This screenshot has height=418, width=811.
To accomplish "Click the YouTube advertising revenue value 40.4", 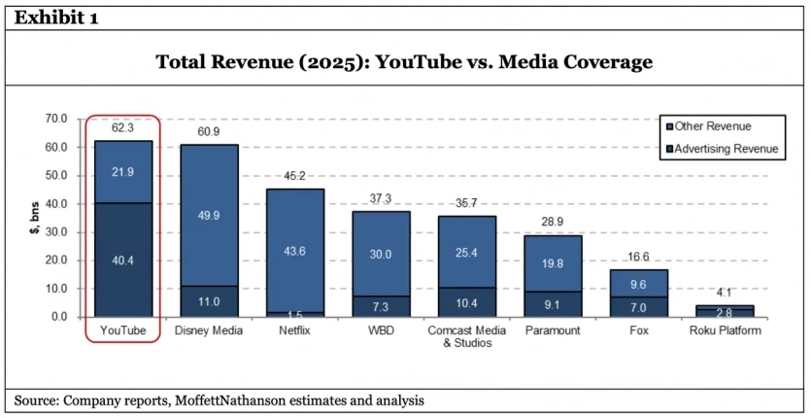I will [123, 260].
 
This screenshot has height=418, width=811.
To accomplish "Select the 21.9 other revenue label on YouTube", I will [123, 171].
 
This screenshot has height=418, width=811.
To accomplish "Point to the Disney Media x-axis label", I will [209, 331].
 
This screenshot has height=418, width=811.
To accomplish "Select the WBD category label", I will [381, 331].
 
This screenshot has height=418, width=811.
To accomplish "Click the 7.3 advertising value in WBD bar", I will [381, 306].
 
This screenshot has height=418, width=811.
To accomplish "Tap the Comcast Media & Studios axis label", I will [467, 337].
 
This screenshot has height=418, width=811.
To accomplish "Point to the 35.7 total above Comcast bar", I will [467, 203].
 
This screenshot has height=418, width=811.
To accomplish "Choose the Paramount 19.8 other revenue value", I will [553, 262].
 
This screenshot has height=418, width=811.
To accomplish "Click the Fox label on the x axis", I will [639, 331].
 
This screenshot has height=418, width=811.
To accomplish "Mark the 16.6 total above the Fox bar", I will [639, 257].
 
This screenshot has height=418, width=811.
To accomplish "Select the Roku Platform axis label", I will [725, 331].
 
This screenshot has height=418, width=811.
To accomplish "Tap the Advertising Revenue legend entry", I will [721, 149].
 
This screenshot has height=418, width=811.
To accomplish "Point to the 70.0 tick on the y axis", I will [58, 119].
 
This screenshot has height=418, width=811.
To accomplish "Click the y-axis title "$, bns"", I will [35, 218].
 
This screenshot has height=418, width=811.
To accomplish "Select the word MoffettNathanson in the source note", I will [228, 401].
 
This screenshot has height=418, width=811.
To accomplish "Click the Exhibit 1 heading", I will [56, 18].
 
